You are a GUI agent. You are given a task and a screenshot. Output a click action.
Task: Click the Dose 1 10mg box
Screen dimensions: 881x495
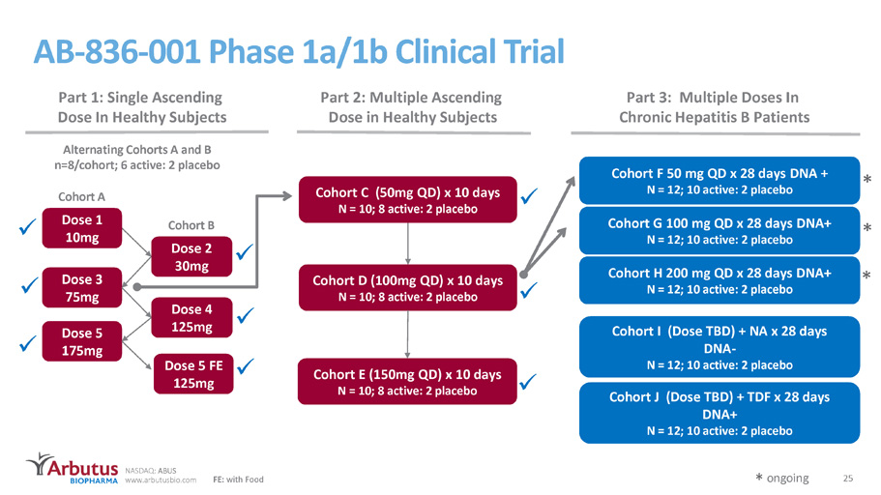point(82,228)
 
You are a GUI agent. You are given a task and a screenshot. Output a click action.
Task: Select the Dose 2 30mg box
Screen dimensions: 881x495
point(191,257)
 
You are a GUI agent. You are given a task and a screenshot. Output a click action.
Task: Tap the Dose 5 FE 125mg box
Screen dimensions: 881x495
point(193,374)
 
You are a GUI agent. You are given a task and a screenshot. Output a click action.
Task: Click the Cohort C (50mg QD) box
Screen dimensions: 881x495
point(407,200)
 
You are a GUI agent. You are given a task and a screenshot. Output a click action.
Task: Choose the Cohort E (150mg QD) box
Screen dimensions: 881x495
point(407,382)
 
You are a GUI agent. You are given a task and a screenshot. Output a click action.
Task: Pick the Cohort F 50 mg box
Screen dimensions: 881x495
point(719,181)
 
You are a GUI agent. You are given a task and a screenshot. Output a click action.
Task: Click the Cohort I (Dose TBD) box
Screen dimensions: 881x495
point(719,347)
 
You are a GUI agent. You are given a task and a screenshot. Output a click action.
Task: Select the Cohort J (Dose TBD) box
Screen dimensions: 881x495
point(719,413)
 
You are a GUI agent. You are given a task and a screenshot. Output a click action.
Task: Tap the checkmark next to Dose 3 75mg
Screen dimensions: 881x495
point(29,285)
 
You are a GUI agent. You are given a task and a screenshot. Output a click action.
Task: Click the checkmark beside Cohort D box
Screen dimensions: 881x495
point(529,290)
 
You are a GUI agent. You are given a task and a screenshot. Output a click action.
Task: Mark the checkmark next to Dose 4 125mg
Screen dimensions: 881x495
point(245,316)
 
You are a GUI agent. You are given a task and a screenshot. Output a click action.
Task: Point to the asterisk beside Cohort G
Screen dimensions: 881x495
point(866,227)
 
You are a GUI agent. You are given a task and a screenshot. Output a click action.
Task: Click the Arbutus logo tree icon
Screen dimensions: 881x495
point(39,464)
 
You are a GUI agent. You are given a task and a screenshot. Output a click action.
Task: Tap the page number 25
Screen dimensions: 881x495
point(848,479)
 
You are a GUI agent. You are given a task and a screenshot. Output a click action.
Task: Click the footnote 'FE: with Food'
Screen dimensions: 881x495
point(238,480)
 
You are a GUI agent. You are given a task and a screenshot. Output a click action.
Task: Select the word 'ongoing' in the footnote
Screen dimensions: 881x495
point(788,479)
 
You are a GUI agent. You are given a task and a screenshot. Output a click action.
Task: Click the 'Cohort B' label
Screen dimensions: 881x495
point(191,225)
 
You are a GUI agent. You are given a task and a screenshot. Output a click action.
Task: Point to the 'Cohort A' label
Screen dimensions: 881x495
point(81,196)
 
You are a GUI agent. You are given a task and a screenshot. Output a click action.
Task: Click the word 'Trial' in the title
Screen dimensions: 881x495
point(534,51)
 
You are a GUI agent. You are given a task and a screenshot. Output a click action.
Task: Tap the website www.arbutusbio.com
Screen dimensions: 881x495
point(161,480)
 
